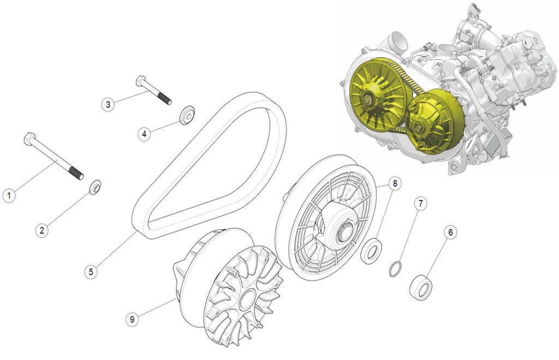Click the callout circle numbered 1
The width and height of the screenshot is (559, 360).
click(9, 195)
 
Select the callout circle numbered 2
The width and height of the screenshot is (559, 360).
click(42, 230)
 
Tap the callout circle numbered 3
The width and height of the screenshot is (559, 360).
click(108, 104)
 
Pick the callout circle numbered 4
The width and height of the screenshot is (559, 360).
click(144, 134)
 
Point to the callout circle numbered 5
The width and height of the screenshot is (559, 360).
click(91, 272)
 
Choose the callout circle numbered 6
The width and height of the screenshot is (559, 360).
click(450, 232)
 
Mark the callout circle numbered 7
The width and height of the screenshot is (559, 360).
click(420, 203)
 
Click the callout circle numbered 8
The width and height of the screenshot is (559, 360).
click(395, 183)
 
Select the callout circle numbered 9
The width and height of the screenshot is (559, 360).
click(132, 319)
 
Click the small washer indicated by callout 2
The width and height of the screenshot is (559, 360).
click(95, 187)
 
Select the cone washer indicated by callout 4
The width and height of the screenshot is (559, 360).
click(187, 115)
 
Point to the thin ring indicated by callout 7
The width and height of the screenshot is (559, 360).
click(396, 269)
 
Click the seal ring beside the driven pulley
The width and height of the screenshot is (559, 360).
click(371, 251)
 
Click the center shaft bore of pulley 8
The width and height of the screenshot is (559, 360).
click(344, 232)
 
